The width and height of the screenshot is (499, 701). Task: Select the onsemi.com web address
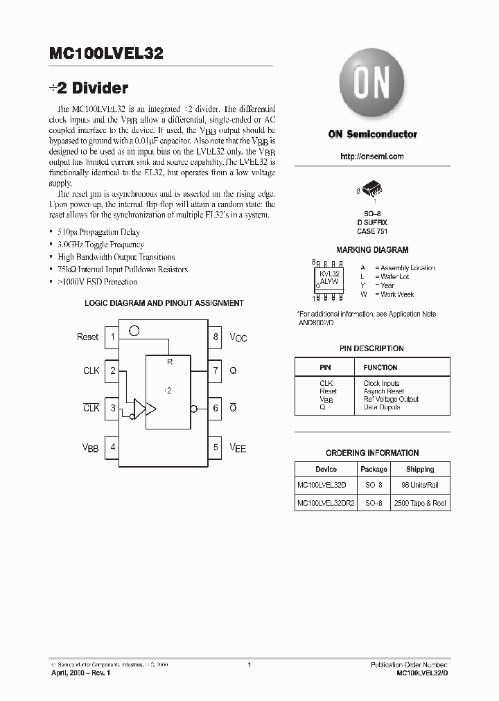372,157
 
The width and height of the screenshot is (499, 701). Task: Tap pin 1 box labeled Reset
112,337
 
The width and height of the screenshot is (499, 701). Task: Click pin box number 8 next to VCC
216,337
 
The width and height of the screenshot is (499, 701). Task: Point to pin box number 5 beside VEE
216,447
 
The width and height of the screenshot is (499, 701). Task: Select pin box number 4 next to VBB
112,447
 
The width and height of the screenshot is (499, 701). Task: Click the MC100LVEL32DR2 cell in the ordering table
326,504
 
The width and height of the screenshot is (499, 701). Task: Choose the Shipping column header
420,470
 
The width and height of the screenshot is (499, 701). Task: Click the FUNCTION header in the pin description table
380,367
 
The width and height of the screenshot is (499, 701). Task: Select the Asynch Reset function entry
383,391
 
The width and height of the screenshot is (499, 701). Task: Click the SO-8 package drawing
373,190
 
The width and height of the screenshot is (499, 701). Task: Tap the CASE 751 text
371,231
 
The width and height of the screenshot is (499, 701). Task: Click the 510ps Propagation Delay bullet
99,232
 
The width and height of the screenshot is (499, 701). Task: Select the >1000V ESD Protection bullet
98,282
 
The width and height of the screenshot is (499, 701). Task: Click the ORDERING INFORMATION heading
372,453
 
